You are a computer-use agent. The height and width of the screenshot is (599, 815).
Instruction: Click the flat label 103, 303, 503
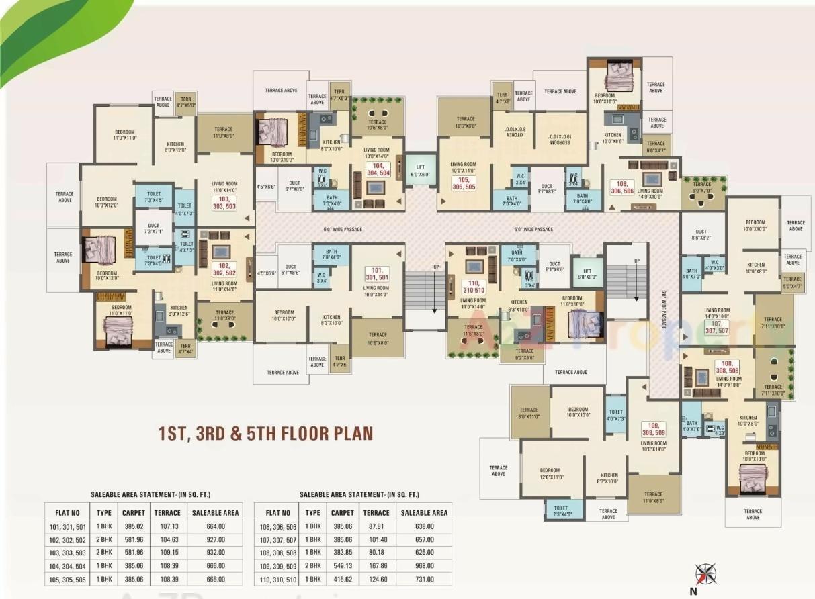(225, 202)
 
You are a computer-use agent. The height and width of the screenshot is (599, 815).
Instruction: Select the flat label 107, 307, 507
(720, 328)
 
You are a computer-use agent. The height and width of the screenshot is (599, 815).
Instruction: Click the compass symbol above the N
(705, 574)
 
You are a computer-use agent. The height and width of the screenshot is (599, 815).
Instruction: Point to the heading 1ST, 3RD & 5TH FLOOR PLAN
(265, 432)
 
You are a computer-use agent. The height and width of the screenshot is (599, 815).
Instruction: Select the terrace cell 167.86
(376, 566)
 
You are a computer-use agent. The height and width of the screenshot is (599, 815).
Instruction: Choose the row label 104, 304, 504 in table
(65, 566)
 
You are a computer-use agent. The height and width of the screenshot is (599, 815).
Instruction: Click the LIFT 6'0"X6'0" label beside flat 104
(420, 170)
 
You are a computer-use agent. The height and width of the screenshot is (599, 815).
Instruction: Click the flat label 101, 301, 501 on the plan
(377, 273)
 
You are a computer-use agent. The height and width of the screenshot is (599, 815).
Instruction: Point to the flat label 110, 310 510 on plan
(474, 287)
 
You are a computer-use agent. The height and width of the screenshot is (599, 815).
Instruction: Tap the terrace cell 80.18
(376, 553)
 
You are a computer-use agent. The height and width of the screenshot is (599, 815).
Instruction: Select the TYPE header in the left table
(104, 512)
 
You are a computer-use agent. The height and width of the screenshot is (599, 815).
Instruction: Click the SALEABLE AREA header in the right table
(424, 512)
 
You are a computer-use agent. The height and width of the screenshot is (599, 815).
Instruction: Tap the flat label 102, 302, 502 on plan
(224, 269)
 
